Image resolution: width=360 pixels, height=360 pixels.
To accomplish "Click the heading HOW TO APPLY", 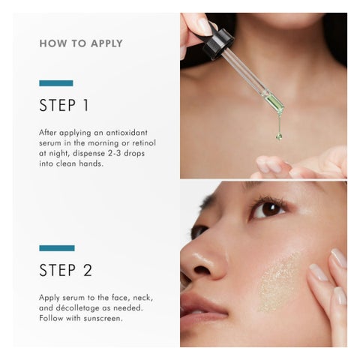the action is pyautogui.click(x=81, y=43).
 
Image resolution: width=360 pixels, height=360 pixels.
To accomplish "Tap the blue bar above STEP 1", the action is pyautogui.click(x=56, y=83).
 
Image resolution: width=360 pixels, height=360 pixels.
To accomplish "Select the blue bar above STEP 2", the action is pyautogui.click(x=57, y=248).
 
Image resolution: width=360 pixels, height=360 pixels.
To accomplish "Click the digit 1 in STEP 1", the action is pyautogui.click(x=85, y=105).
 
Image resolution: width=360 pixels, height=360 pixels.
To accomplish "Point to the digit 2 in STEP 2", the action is pyautogui.click(x=88, y=270).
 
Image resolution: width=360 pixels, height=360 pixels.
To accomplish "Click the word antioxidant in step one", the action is pyautogui.click(x=127, y=133).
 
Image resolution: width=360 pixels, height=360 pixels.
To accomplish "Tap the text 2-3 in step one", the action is pyautogui.click(x=115, y=153).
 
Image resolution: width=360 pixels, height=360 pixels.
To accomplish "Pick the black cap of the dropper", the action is pyautogui.click(x=217, y=44).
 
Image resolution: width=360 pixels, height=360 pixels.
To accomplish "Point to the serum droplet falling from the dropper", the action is pyautogui.click(x=279, y=136).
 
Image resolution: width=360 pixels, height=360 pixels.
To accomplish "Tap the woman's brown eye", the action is pyautogui.click(x=268, y=209).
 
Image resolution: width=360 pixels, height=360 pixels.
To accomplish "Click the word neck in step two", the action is pyautogui.click(x=143, y=298).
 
